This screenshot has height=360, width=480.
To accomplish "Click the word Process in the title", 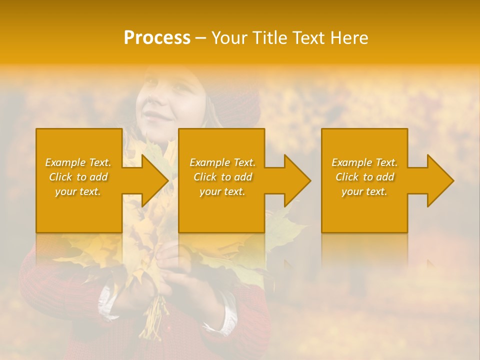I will click(157, 38).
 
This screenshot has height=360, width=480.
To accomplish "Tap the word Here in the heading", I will click(349, 38).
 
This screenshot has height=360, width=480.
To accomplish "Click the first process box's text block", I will click(78, 177).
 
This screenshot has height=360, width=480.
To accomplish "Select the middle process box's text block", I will click(222, 177).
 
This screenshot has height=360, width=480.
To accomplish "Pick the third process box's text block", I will click(364, 177).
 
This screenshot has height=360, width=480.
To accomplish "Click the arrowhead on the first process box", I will click(155, 180).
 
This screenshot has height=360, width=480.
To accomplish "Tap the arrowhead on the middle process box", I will click(298, 180).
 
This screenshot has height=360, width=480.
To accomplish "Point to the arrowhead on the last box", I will click(441, 180).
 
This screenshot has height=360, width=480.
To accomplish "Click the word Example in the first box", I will click(65, 162).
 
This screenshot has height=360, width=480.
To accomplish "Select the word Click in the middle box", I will click(205, 177).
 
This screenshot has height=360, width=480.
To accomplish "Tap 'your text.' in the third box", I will click(364, 191).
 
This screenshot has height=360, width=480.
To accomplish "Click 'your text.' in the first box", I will click(78, 191).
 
